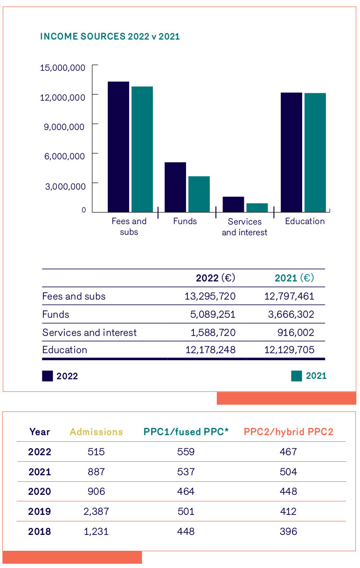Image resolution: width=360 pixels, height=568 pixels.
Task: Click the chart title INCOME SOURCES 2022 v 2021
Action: pos(110,37)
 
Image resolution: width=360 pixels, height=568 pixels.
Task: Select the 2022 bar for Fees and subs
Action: pos(118,147)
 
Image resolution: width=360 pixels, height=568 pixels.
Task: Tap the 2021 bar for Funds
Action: pos(199,194)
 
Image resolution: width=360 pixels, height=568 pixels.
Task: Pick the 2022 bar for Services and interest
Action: pos(233,205)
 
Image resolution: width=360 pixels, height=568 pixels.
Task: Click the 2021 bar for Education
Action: pos(315,152)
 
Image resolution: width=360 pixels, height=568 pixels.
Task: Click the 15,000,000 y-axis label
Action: pos(63,68)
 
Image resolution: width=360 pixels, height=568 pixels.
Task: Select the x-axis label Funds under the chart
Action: pos(185,221)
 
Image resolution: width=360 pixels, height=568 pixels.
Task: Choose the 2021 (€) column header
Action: pos(294,278)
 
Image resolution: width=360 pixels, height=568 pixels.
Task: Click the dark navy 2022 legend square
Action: pos(48,376)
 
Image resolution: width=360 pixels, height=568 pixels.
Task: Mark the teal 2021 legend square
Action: pos(297,376)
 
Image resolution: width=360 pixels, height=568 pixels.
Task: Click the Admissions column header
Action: pos(97,432)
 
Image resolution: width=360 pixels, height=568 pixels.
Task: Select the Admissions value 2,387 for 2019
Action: pos(97,512)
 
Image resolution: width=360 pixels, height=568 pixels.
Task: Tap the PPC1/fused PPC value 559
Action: pos(186,452)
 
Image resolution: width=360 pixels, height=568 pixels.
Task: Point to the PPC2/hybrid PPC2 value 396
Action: pos(288,532)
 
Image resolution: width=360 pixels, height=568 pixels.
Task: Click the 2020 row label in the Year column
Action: pos(40,492)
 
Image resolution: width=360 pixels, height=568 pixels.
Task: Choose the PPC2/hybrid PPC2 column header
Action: pos(288,432)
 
